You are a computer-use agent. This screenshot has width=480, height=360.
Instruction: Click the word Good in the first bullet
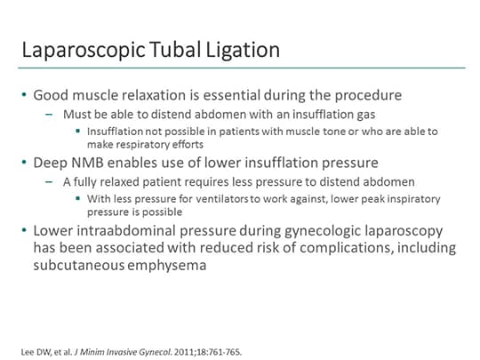click(52, 95)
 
